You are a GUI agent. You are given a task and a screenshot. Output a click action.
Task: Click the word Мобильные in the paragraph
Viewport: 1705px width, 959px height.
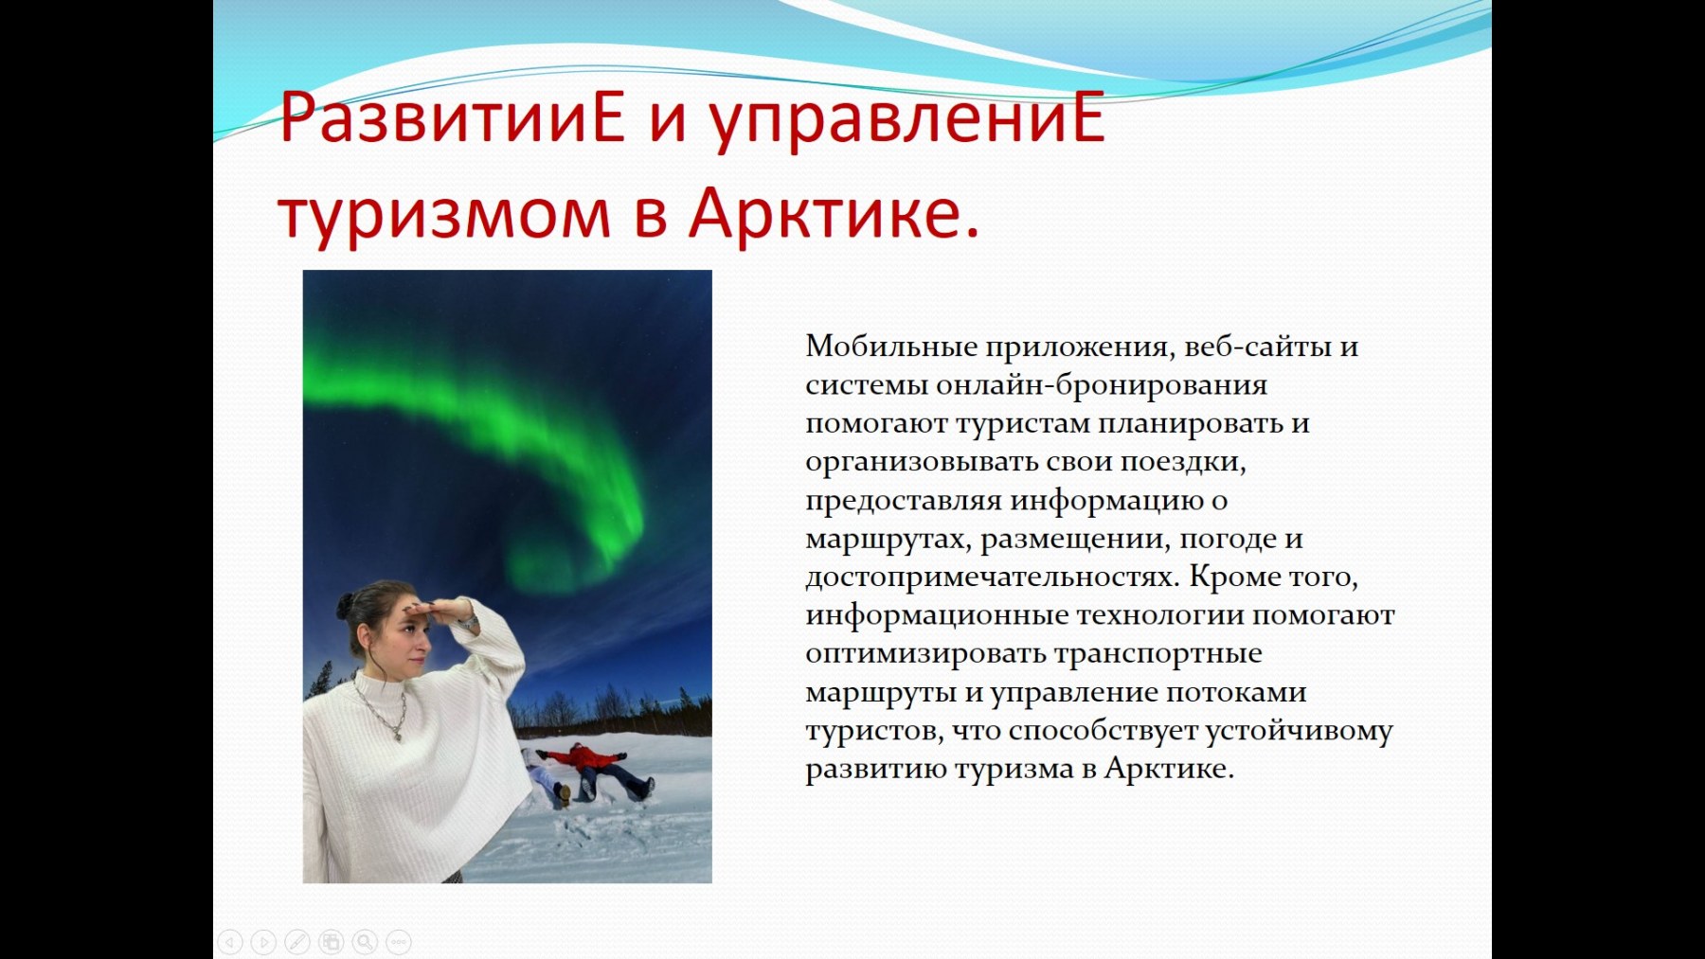point(891,346)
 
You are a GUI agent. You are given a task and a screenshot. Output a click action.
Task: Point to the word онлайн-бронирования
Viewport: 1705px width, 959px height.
point(1102,385)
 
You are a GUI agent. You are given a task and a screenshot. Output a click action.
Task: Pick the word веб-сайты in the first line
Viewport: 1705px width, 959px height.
point(1258,346)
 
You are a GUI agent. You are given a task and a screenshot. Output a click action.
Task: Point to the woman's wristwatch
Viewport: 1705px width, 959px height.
point(467,623)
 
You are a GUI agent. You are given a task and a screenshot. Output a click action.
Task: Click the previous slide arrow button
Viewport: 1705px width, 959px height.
point(230,942)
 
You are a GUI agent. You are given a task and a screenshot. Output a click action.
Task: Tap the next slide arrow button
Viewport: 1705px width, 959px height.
point(264,942)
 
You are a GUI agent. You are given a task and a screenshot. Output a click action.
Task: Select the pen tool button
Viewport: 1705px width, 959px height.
point(297,942)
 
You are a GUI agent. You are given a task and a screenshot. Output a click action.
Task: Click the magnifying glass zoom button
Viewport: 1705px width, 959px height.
point(365,942)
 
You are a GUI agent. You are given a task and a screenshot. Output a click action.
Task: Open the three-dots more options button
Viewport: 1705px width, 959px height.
point(399,942)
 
